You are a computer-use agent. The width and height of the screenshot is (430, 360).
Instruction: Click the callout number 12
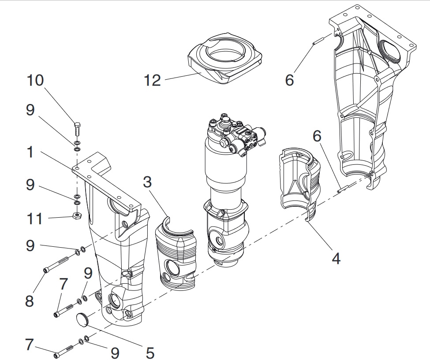[152, 81]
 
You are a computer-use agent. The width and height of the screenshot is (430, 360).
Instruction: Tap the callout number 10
[35, 80]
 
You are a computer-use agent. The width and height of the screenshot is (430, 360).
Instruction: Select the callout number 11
[34, 219]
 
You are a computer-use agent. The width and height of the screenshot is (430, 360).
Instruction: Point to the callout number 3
[148, 182]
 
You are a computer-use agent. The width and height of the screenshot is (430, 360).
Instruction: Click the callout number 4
[336, 258]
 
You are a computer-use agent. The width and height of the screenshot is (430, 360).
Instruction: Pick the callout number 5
[150, 353]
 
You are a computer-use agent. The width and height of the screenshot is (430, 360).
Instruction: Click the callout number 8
[30, 301]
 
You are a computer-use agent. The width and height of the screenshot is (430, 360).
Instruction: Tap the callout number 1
[30, 152]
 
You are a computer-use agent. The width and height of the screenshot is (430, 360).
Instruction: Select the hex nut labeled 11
[76, 215]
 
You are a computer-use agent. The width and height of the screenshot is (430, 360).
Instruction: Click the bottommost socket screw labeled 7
[65, 352]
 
